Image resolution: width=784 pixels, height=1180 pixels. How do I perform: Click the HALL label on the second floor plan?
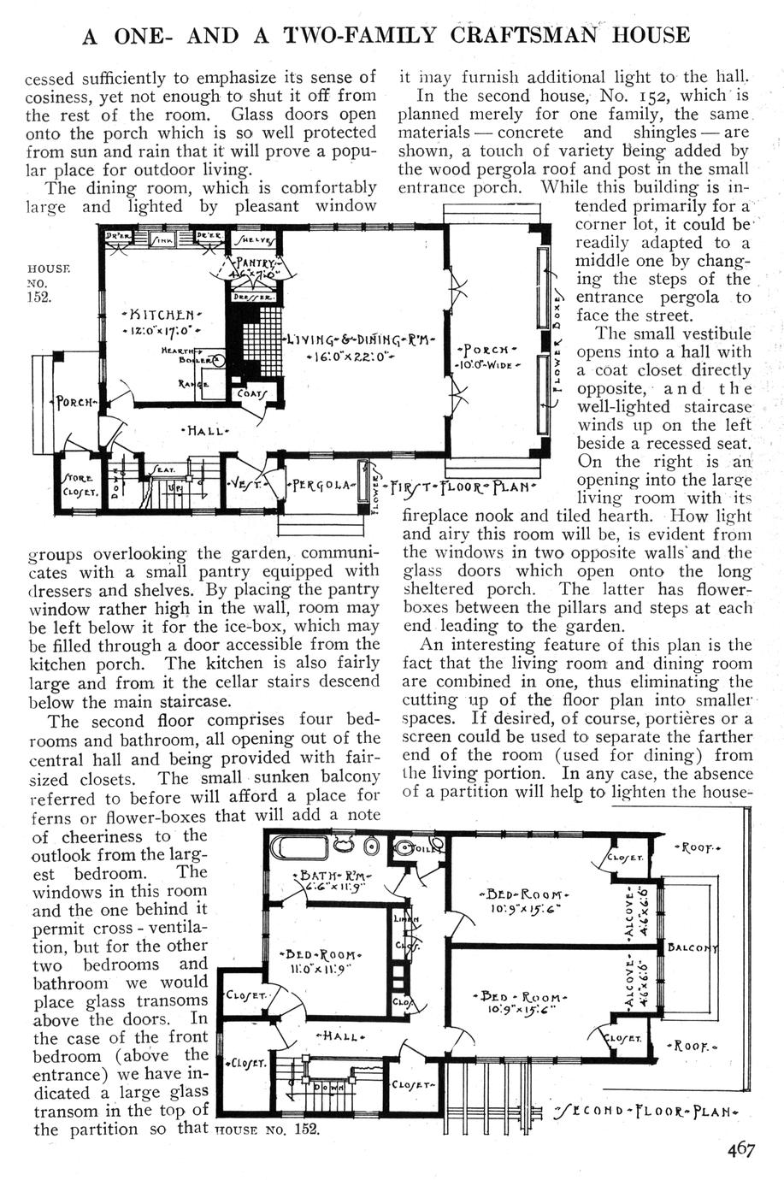click(x=341, y=1037)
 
